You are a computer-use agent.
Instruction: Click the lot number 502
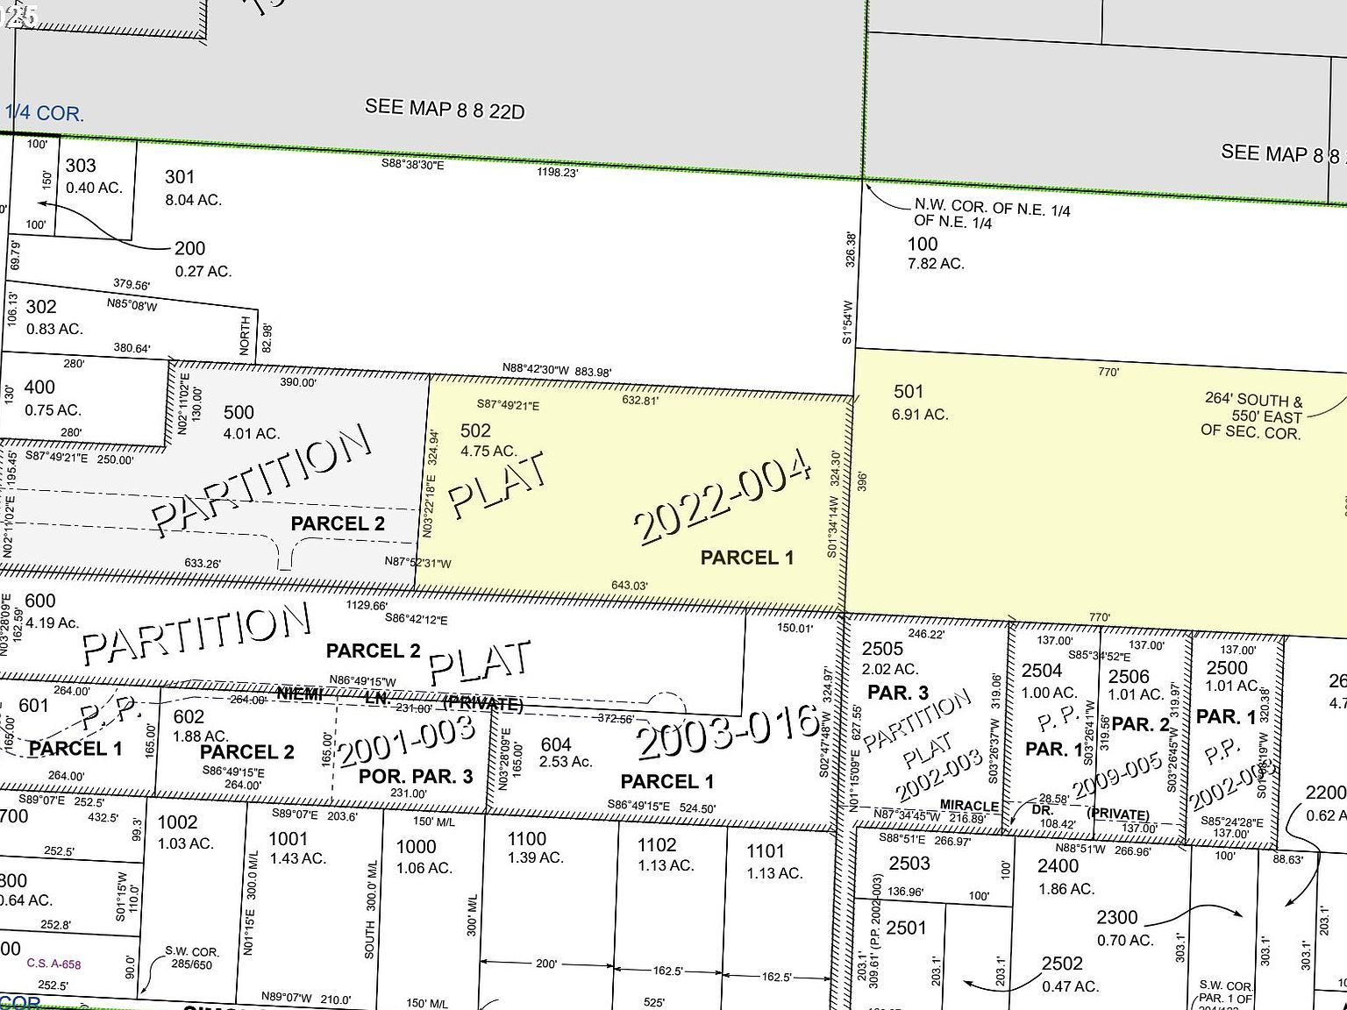click(475, 430)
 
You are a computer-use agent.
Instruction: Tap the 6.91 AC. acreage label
click(920, 414)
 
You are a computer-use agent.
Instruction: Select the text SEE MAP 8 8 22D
click(445, 109)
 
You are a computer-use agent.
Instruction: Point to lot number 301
click(180, 177)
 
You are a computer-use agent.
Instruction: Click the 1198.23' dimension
click(558, 173)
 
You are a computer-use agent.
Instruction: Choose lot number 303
click(81, 166)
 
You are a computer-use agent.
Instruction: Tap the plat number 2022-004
click(723, 501)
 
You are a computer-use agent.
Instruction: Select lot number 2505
click(882, 649)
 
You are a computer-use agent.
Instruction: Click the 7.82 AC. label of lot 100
click(936, 263)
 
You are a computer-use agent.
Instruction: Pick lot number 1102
click(657, 844)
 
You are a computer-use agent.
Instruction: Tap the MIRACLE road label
click(969, 806)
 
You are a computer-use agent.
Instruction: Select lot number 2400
click(1058, 866)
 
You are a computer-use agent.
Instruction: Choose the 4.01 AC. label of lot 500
click(251, 433)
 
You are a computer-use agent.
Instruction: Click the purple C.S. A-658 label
click(53, 964)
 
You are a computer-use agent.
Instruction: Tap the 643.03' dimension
click(630, 586)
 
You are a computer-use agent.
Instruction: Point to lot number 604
click(556, 745)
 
